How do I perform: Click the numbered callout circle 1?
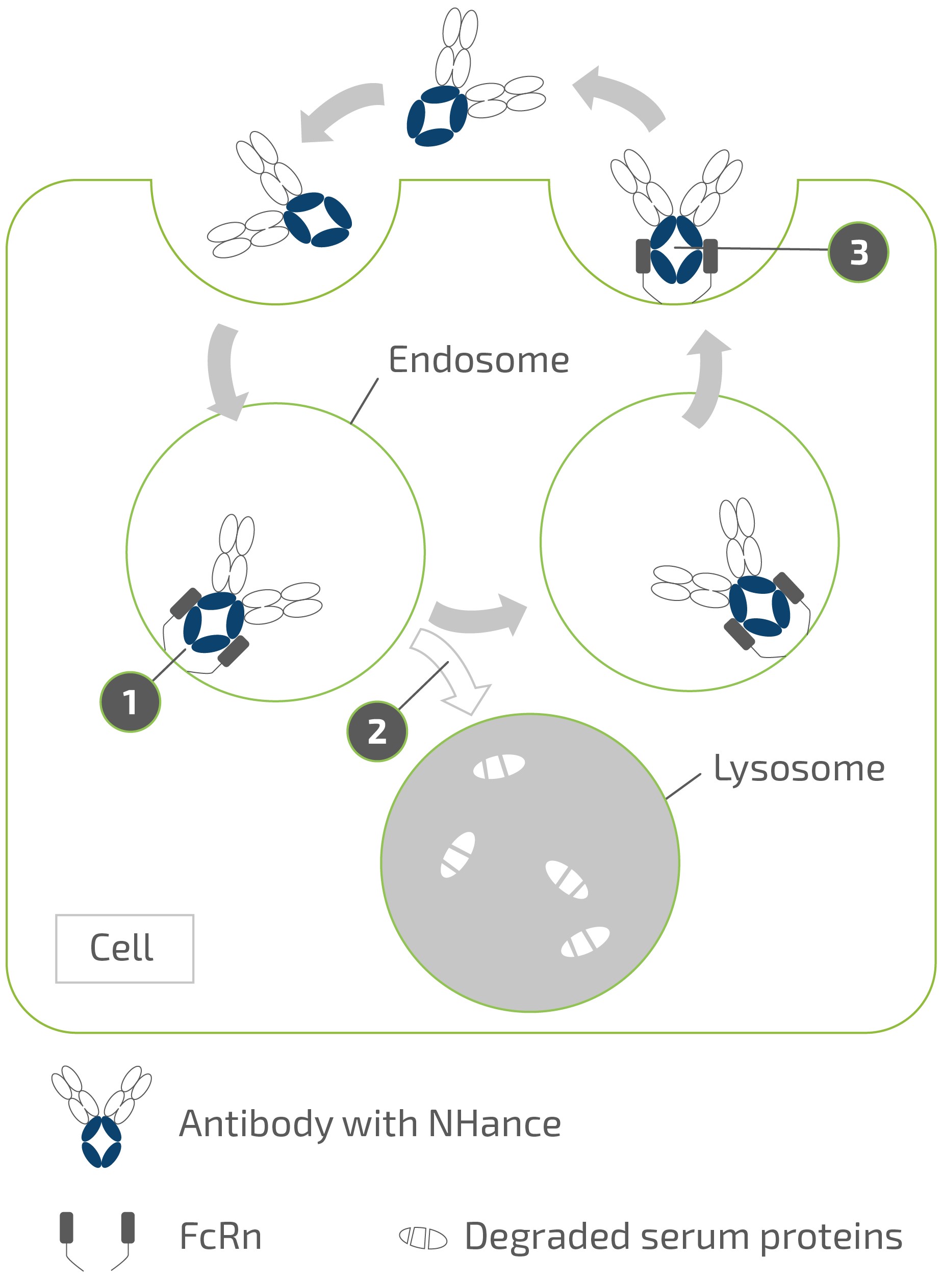click(130, 701)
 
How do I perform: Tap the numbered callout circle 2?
click(377, 731)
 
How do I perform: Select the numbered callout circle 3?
click(858, 252)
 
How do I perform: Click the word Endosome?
click(478, 360)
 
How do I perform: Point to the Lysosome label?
click(799, 768)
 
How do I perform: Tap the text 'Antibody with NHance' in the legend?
click(369, 1124)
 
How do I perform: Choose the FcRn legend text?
click(221, 1237)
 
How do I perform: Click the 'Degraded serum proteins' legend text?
click(683, 1237)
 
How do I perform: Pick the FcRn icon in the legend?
click(97, 1240)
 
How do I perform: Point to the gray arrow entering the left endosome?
click(224, 371)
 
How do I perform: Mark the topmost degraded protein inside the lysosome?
click(499, 767)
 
